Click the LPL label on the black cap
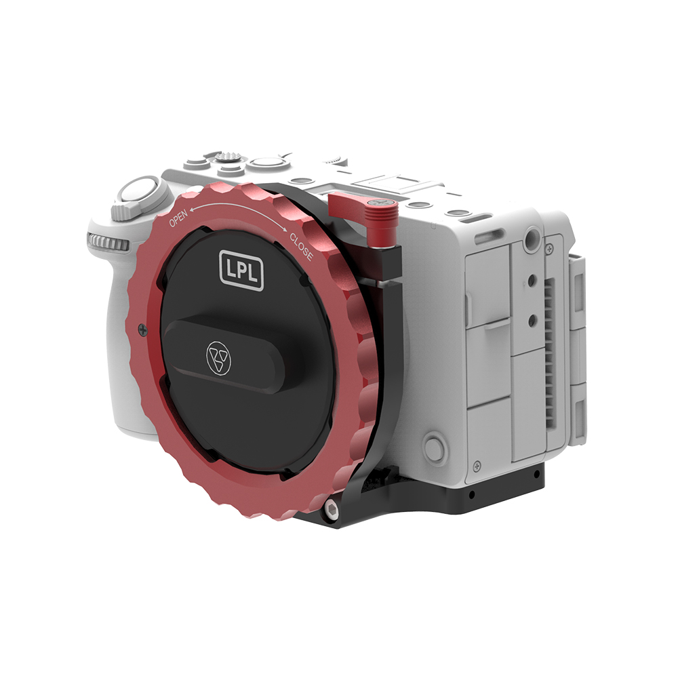point(241,270)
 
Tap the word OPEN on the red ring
point(178,218)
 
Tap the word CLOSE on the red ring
point(301,247)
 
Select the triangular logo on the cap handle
point(218,357)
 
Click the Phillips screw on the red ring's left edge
point(142,330)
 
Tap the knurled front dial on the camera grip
point(108,242)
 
